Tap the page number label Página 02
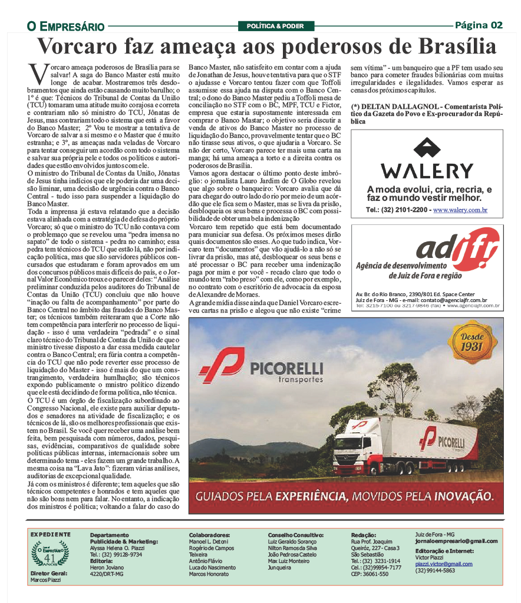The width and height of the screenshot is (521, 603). click(x=479, y=25)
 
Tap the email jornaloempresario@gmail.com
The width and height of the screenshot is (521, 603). click(x=456, y=541)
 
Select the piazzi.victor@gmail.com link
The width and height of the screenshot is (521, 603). click(x=444, y=564)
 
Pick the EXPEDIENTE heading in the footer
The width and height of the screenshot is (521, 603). click(x=50, y=534)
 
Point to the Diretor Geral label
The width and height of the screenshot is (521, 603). click(x=48, y=572)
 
